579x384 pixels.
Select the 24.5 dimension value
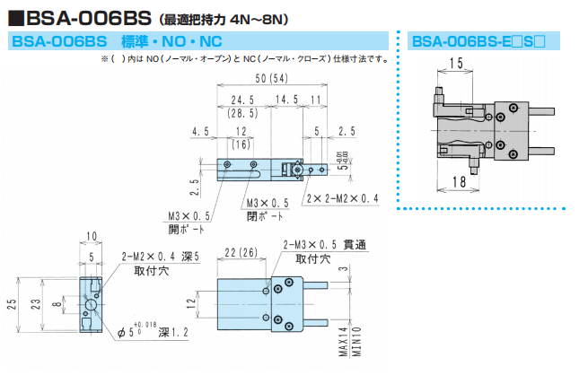click(238, 100)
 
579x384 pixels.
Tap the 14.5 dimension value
click(287, 100)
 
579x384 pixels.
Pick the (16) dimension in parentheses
click(241, 144)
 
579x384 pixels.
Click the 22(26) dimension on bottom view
click(237, 254)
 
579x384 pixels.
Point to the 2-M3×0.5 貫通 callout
click(324, 244)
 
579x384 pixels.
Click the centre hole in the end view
click(91, 306)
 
